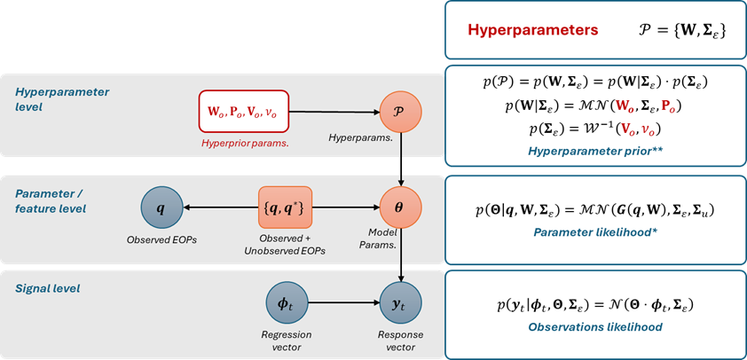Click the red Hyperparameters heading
532,30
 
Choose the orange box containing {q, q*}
287,209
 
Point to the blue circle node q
160,209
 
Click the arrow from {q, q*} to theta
346,209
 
